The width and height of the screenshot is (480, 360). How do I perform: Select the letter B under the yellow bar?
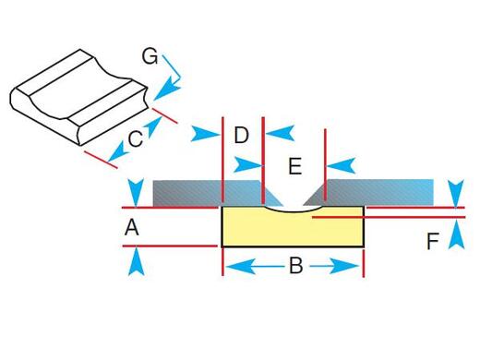click(x=295, y=266)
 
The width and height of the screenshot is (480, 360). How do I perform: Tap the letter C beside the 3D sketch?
click(x=135, y=139)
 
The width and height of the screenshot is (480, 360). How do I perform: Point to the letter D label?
click(x=241, y=136)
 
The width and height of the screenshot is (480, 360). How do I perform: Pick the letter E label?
click(x=294, y=166)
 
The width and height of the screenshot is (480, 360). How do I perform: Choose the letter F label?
click(x=433, y=243)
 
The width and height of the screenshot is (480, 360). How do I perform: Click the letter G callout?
click(x=150, y=56)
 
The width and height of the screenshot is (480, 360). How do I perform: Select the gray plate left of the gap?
click(x=189, y=191)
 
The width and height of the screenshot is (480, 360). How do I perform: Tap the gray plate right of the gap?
click(x=378, y=191)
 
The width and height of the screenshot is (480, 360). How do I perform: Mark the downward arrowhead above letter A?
click(x=136, y=191)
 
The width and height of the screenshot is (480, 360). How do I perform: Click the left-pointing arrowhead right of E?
click(x=341, y=166)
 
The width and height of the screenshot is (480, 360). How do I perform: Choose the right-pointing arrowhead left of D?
click(x=206, y=135)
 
